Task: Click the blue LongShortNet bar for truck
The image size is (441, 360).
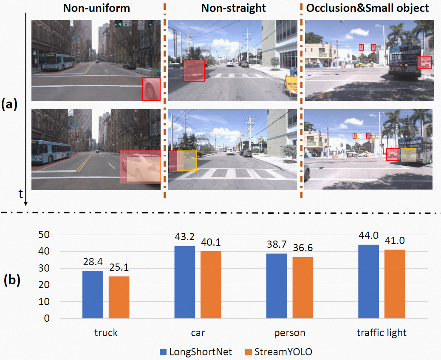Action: click(93, 295)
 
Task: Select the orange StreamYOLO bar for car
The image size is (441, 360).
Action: click(211, 285)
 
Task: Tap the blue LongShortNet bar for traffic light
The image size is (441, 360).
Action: click(368, 281)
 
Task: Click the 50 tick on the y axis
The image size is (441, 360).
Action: click(44, 235)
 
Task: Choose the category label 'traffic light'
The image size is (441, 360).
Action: click(382, 333)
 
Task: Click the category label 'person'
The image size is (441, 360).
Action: click(290, 333)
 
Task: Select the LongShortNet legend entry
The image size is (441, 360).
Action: click(195, 352)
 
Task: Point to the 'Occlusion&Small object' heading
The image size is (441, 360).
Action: click(368, 8)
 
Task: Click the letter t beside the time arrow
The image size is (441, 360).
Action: click(20, 194)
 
